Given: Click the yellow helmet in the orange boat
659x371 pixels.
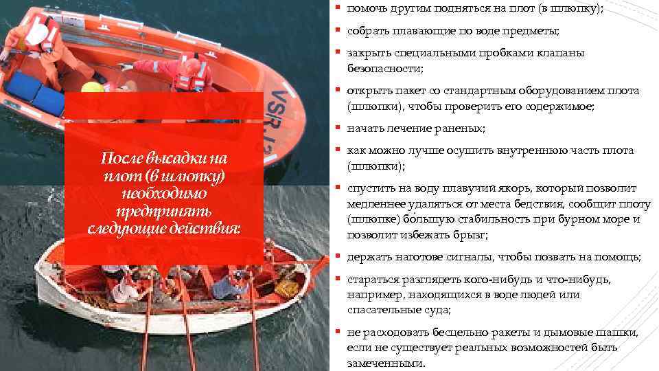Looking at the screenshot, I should point(92,87).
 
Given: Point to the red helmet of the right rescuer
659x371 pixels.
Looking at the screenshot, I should point(194,66).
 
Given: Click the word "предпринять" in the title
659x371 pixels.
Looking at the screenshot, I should point(163,210).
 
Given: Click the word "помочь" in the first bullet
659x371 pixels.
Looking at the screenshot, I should point(368,9).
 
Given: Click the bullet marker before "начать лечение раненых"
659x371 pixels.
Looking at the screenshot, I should point(338,128).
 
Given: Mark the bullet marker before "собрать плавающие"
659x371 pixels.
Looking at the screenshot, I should point(338,31).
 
